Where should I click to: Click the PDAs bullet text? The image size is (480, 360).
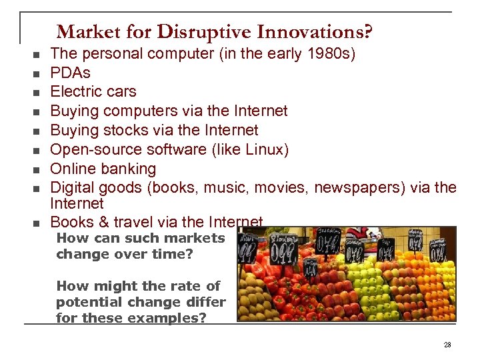point(70,72)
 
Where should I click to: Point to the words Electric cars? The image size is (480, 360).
point(93,91)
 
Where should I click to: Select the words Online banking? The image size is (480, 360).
point(103,169)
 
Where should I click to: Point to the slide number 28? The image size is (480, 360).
point(447,345)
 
